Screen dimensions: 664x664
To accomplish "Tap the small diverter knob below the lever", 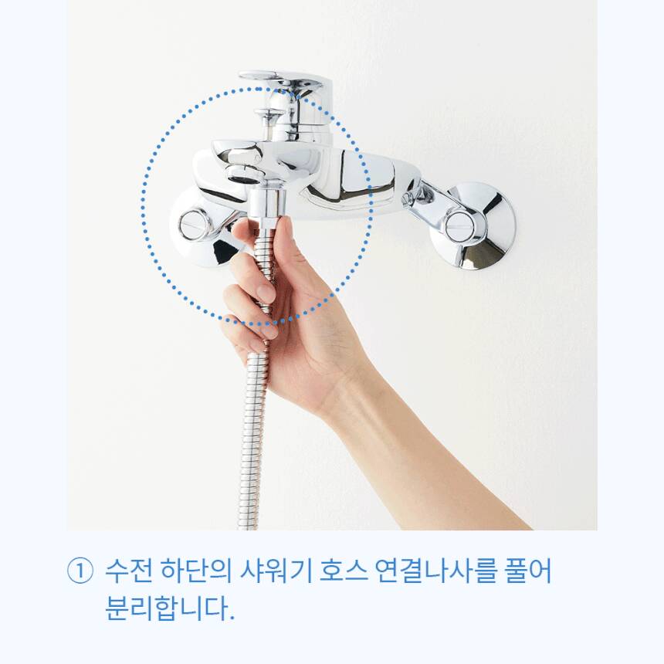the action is pyautogui.click(x=269, y=115).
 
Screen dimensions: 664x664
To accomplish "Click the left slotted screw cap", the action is pyautogui.click(x=195, y=224).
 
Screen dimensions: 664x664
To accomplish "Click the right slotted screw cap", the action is pyautogui.click(x=459, y=225).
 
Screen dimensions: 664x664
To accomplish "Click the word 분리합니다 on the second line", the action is pyautogui.click(x=167, y=608).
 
